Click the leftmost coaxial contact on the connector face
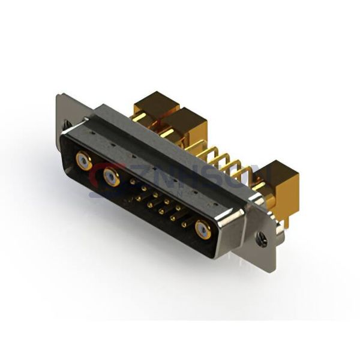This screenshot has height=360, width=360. coord(83,160)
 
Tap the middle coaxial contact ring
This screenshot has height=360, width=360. coord(110,176)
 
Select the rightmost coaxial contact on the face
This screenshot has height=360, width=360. coord(203,229)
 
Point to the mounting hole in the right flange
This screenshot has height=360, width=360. coord(262,241)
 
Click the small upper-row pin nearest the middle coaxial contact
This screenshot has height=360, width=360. coord(132,181)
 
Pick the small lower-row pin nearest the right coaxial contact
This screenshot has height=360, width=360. coord(184,223)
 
